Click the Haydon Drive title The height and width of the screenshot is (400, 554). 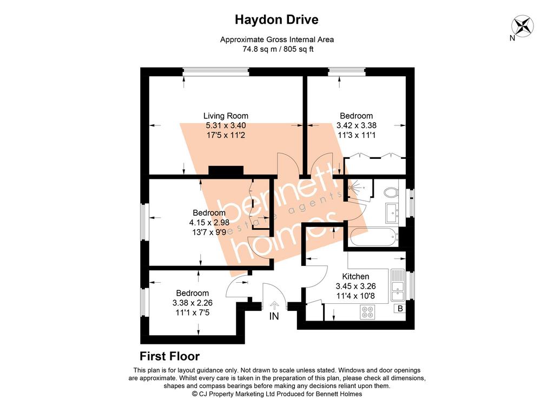pos(276,19)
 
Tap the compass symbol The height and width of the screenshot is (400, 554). pos(523,26)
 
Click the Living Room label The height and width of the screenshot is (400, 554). pos(226,116)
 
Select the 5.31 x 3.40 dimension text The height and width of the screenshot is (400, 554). pos(226,125)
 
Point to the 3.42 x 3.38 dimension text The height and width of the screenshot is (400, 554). pos(356,125)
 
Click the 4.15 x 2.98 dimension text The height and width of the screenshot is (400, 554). pos(209,222)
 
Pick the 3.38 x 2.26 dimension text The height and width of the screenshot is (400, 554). pos(193,303)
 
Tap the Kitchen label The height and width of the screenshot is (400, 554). pos(355,276)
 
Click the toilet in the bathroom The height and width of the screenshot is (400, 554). pos(391,192)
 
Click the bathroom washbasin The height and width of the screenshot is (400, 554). pos(392,213)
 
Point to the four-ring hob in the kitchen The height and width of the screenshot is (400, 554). pos(367,312)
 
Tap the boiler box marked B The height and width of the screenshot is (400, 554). pos(400,309)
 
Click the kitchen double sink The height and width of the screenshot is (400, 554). pos(398,285)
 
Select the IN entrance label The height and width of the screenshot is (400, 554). pos(274,316)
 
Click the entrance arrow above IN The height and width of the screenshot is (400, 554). pos(274,305)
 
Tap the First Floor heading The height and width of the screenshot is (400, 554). pos(169,356)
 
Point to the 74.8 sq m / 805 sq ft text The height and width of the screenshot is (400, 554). pos(278,49)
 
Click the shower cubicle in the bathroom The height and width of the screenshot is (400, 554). pos(359,190)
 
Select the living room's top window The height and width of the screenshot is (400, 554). pos(216,72)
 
